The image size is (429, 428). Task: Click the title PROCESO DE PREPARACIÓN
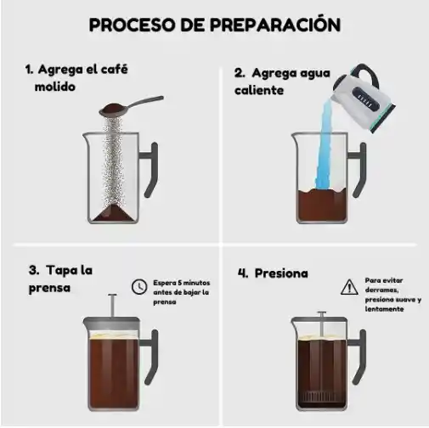[x=215, y=25]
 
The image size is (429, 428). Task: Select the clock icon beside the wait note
[x=138, y=288]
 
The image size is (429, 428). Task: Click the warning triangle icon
[x=348, y=288]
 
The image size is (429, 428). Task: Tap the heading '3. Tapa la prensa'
[x=59, y=279]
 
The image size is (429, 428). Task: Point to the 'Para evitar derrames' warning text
[x=392, y=294]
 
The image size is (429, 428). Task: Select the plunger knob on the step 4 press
[x=321, y=314]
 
